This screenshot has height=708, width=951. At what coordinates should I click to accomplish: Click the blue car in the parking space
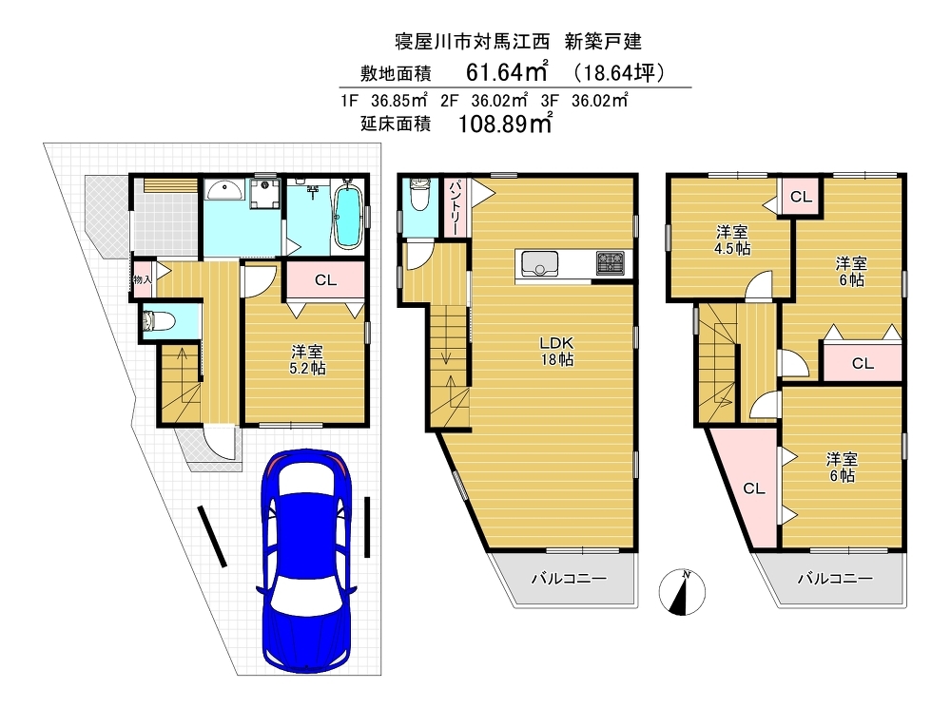point(307,560)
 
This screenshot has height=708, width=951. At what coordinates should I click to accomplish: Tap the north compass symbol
point(682,592)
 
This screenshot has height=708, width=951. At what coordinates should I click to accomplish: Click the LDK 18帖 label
point(556,351)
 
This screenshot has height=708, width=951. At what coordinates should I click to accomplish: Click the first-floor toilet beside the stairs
point(159,319)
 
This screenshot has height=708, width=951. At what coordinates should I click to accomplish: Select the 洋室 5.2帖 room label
point(307,359)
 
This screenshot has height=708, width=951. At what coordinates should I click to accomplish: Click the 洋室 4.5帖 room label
point(731,239)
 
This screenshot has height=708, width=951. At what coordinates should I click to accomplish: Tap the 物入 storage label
point(143,279)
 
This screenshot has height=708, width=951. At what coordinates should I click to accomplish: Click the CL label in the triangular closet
point(754,488)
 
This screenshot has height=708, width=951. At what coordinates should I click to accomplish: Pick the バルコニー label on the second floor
point(569,579)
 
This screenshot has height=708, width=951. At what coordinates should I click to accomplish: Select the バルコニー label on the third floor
point(835,579)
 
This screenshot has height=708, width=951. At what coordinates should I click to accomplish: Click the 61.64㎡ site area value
point(507,71)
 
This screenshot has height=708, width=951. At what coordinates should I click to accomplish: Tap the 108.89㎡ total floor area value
point(505,123)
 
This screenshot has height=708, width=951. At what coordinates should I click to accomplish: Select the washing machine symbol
point(264,192)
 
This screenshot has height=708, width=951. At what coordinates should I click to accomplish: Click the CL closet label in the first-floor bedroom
point(325,280)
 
